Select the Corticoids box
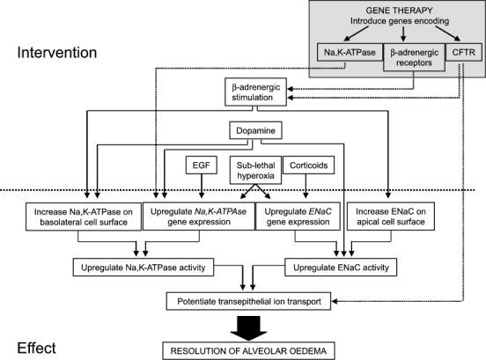(309, 165)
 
